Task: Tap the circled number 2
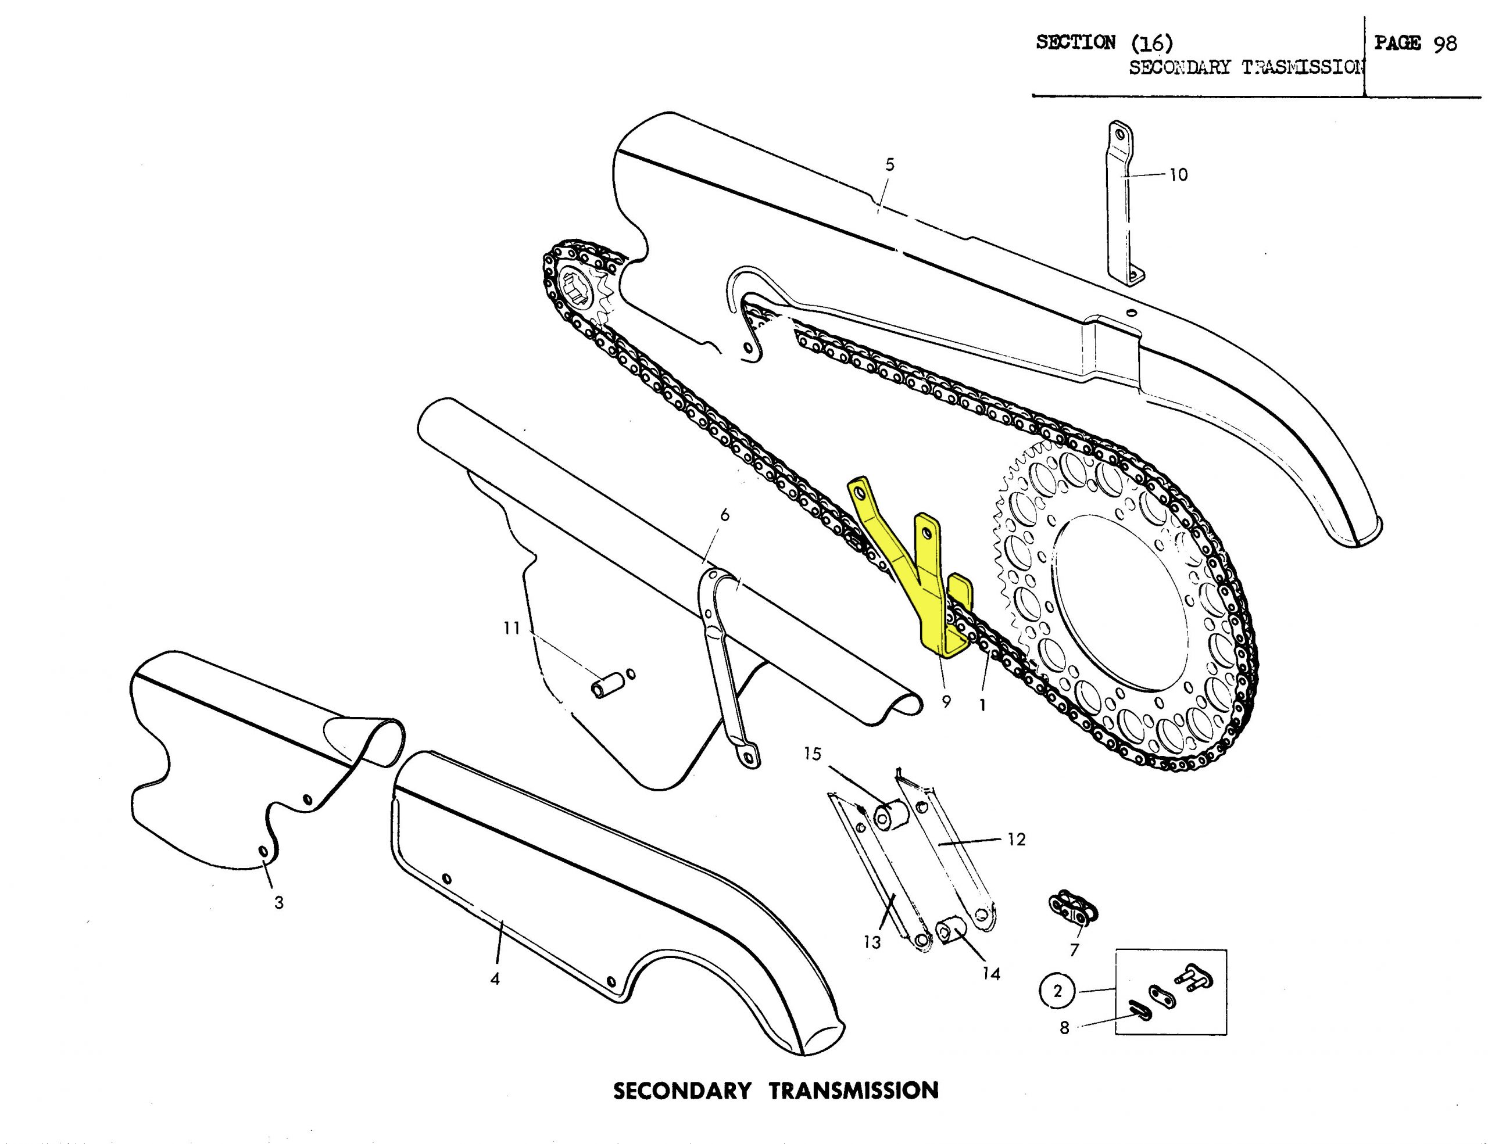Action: pos(1057,991)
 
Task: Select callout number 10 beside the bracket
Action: pos(1178,175)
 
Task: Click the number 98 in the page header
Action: pos(1445,44)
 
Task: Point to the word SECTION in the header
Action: pos(1076,42)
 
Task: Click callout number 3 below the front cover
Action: pos(278,903)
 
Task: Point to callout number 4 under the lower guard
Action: pos(495,978)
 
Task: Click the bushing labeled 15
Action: pos(886,816)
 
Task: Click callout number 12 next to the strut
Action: pos(1016,840)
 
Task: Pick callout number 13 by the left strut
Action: pos(872,942)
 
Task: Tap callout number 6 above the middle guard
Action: pos(724,515)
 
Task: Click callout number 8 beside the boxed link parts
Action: pos(1064,1028)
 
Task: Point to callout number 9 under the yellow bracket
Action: pos(946,701)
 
